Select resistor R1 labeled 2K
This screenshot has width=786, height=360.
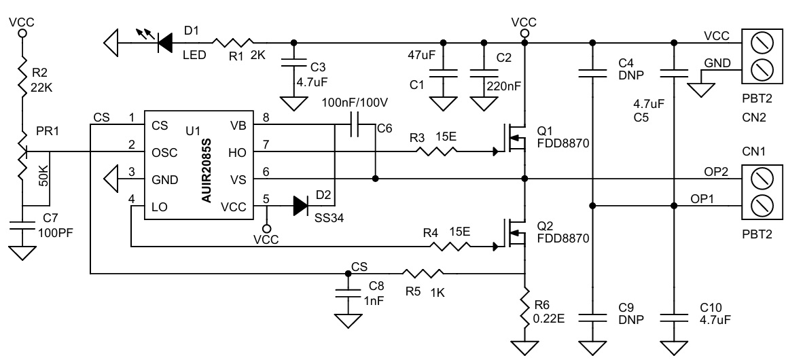(x=234, y=42)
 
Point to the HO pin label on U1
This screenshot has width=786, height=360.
(x=237, y=152)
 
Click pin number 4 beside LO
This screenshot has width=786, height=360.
(x=132, y=199)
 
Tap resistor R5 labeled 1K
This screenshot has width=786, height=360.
(x=424, y=274)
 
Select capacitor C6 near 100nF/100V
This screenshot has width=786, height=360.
(x=355, y=124)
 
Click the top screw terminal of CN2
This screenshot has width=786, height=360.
(x=762, y=43)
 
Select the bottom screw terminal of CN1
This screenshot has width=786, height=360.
(x=762, y=205)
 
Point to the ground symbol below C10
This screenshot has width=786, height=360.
(x=674, y=348)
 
